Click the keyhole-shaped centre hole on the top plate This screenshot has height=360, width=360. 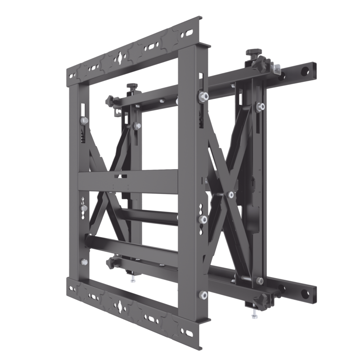(x=119, y=58)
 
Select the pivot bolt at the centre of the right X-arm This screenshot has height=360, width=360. (x=230, y=194)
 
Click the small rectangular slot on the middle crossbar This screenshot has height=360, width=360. (x=117, y=176)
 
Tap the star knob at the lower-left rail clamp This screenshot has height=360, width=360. (x=110, y=263)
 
